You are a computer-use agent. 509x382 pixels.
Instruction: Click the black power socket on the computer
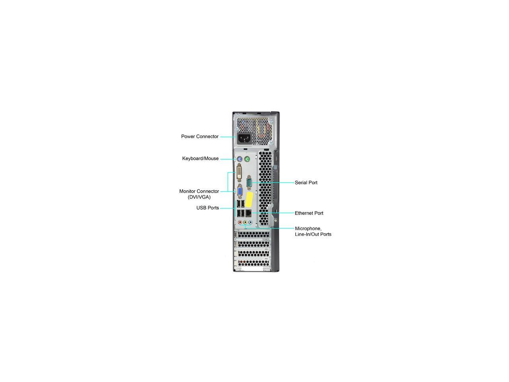(x=244, y=138)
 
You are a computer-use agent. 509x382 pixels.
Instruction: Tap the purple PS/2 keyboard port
(x=239, y=159)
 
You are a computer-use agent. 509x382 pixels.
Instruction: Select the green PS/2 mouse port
(x=247, y=159)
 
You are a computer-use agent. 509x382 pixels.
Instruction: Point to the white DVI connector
(x=239, y=173)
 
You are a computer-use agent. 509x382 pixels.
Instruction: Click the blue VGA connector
(x=240, y=191)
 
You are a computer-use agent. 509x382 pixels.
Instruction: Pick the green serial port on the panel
(x=249, y=183)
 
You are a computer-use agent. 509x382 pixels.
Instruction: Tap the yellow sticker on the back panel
(x=249, y=199)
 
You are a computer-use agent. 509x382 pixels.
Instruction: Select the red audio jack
(x=240, y=222)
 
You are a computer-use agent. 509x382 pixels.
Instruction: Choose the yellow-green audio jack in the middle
(x=245, y=222)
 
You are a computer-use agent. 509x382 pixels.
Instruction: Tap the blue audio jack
(x=250, y=222)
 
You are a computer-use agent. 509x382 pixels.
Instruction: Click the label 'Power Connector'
(x=200, y=136)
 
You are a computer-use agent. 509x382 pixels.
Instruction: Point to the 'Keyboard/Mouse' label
(x=200, y=158)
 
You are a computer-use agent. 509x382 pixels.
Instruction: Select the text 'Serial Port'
(x=306, y=183)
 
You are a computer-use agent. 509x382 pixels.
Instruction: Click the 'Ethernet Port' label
(x=309, y=213)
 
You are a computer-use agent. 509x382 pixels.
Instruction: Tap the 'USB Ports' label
(x=208, y=208)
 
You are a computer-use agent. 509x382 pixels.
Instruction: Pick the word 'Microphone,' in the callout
(x=308, y=229)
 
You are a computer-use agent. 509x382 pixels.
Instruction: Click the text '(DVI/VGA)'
(x=199, y=197)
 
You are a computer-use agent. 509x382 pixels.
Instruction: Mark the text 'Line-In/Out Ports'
(x=313, y=234)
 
